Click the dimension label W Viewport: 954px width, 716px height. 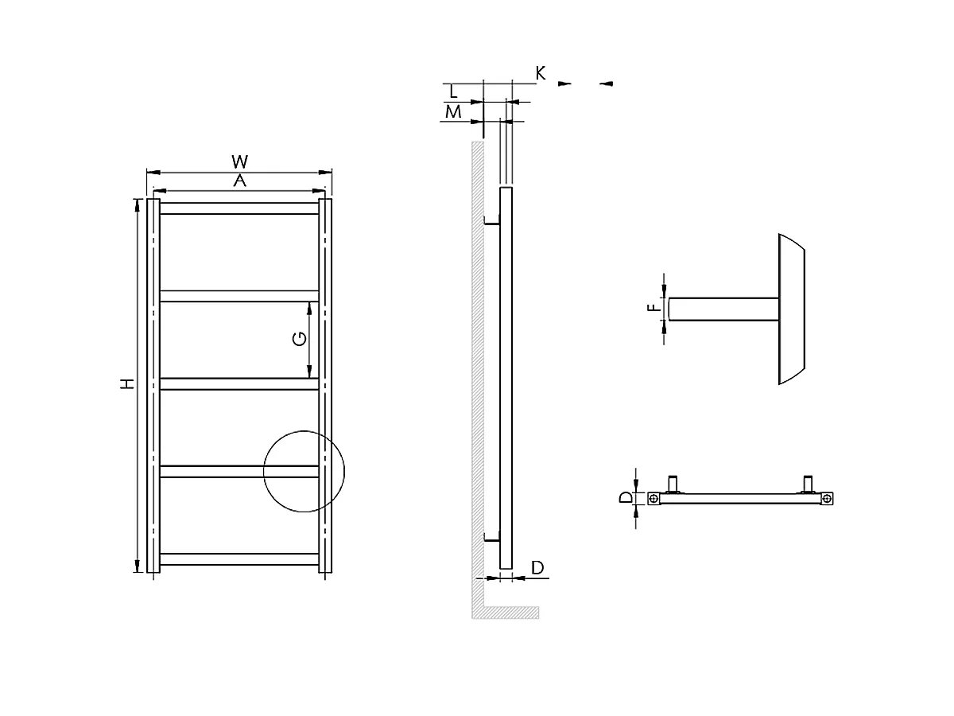pyautogui.click(x=239, y=163)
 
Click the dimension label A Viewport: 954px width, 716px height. pyautogui.click(x=239, y=181)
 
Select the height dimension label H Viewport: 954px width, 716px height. pyautogui.click(x=126, y=384)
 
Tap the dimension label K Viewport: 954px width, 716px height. pyautogui.click(x=540, y=73)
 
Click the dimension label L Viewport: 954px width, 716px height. pyautogui.click(x=454, y=91)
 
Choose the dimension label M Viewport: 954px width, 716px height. pyautogui.click(x=453, y=112)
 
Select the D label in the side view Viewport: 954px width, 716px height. pyautogui.click(x=537, y=567)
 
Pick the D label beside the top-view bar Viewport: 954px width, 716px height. pyautogui.click(x=626, y=498)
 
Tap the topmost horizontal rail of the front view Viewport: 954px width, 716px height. pyautogui.click(x=239, y=208)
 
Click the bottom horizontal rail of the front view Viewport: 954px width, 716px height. pyautogui.click(x=239, y=559)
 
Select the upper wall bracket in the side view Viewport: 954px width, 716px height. pyautogui.click(x=491, y=222)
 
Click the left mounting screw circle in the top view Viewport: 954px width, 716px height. pyautogui.click(x=653, y=499)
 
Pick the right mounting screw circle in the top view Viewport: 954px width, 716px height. pyautogui.click(x=828, y=499)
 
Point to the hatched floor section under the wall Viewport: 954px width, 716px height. pyautogui.click(x=509, y=613)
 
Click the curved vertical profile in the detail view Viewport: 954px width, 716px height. pyautogui.click(x=792, y=309)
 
